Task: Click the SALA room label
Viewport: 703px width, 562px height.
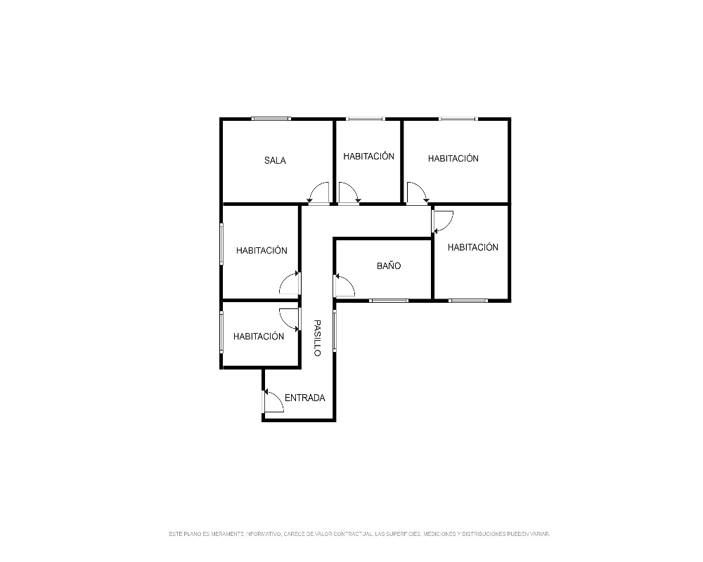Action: pos(275,160)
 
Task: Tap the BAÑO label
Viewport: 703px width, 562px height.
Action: pos(389,266)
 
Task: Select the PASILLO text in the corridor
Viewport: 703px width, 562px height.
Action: pos(317,338)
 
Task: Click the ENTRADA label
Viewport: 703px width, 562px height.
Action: pos(305,398)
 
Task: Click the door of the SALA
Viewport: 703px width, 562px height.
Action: pos(318,193)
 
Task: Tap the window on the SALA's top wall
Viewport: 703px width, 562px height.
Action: pos(271,119)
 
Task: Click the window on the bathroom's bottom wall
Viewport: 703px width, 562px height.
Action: pos(389,300)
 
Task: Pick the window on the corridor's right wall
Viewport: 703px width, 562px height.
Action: pos(335,329)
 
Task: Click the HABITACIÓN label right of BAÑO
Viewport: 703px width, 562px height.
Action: pos(473,247)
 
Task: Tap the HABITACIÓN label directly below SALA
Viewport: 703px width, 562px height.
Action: pos(262,251)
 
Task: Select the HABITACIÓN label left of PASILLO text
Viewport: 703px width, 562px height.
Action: pos(259,336)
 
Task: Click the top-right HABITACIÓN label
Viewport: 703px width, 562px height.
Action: pos(453,159)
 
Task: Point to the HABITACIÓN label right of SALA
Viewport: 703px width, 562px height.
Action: pos(368,157)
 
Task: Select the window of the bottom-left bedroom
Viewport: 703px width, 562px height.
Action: pos(221,332)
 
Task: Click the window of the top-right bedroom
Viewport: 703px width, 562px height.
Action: pos(458,119)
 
